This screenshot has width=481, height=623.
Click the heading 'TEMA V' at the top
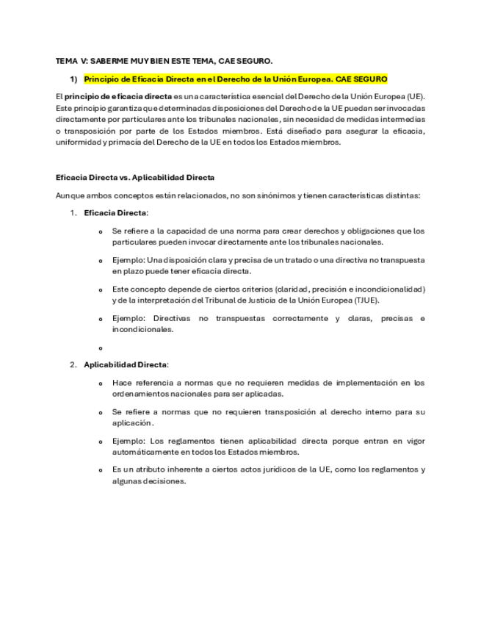[71, 60]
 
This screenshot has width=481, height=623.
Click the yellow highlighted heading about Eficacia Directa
[235, 79]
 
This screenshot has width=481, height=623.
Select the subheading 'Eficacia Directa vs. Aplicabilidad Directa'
[134, 177]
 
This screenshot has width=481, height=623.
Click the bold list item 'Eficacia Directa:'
[116, 213]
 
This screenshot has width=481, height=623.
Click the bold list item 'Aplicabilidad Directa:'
[126, 364]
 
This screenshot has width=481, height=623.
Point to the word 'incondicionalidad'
[388, 289]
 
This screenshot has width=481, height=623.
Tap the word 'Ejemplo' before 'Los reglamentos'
[128, 442]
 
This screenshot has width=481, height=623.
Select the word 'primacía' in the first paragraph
[125, 143]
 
